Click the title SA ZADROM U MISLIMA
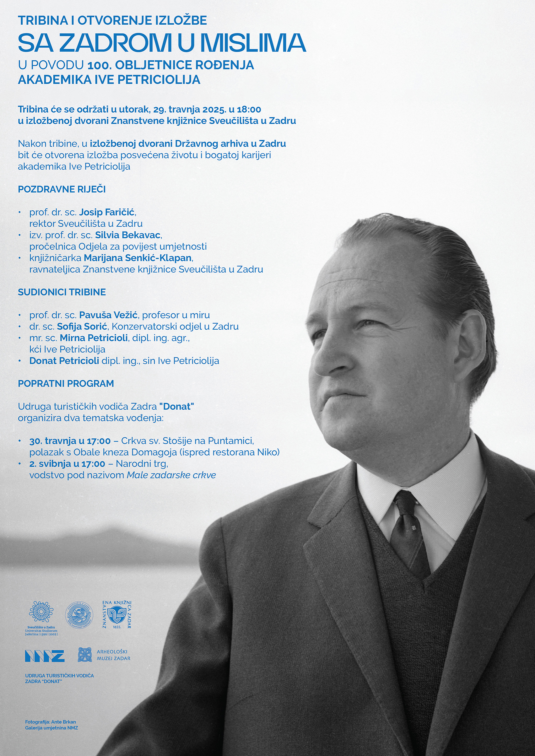tap(162, 43)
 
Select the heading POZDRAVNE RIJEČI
tap(62, 189)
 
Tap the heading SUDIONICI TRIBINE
tap(62, 292)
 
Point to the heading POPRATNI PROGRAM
tap(66, 383)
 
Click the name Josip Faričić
tap(107, 212)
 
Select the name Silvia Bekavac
tap(128, 235)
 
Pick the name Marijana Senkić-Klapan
tap(138, 258)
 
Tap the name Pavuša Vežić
tap(108, 315)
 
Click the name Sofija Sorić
tap(82, 326)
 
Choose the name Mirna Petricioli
tap(94, 338)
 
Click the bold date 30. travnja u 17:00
tap(70, 441)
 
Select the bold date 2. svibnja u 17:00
tap(67, 463)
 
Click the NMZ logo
tap(44, 656)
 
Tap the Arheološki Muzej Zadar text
tap(113, 655)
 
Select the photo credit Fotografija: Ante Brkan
tap(50, 722)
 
